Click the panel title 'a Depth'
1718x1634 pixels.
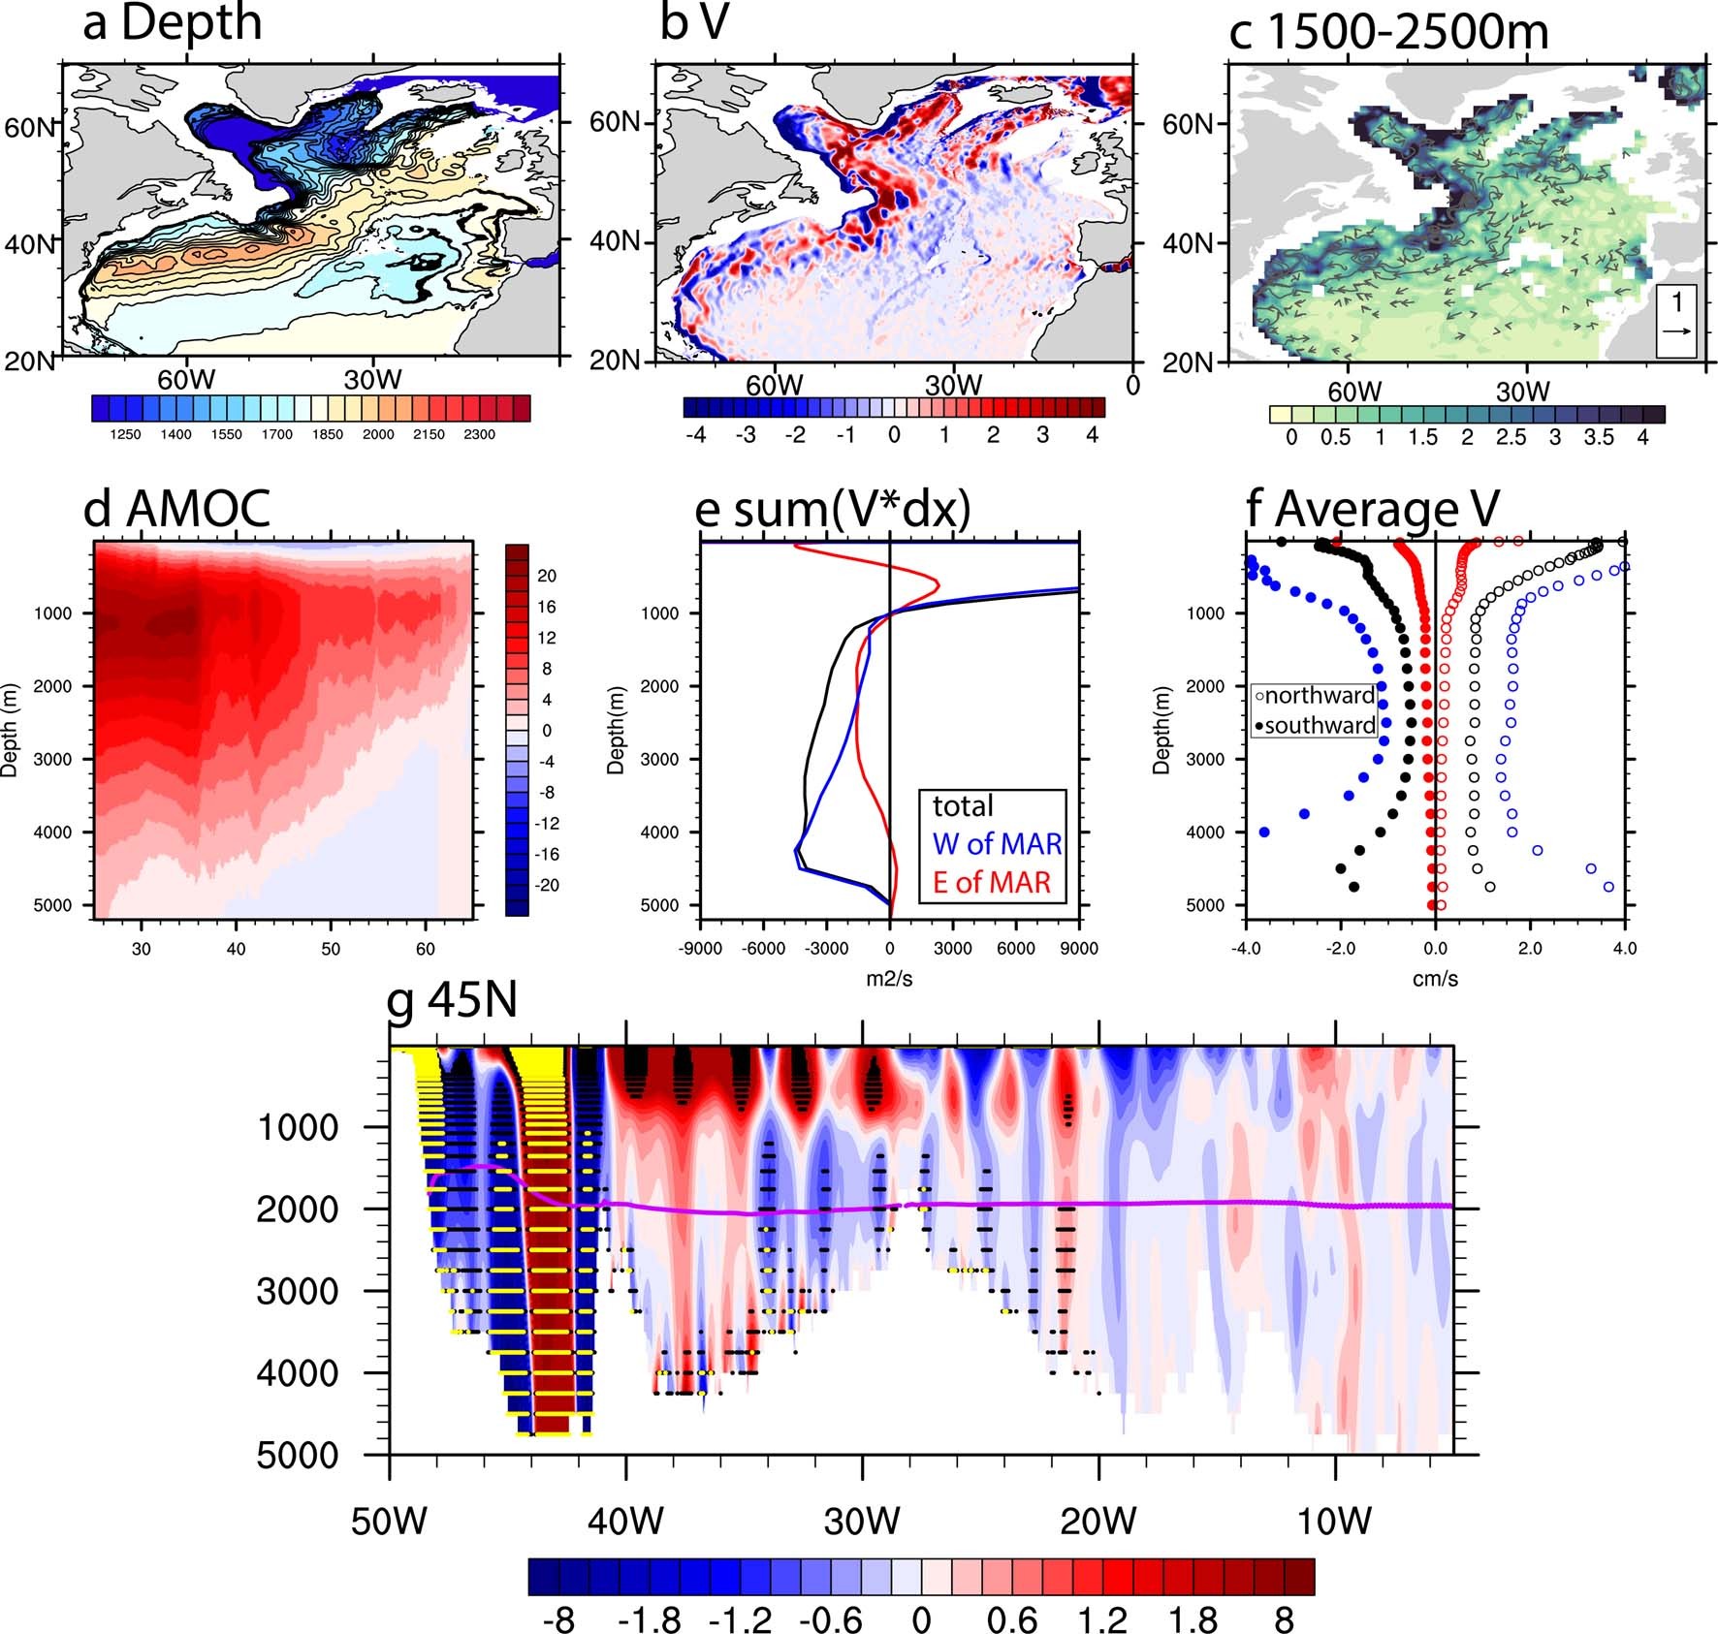click(x=173, y=23)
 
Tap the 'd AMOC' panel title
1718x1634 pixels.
click(x=177, y=509)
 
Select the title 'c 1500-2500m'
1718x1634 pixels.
click(x=1388, y=31)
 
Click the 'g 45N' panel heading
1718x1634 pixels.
click(x=452, y=1000)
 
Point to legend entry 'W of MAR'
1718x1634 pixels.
click(x=997, y=843)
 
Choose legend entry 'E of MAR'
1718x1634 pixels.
click(x=992, y=882)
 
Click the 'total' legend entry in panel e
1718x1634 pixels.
click(x=963, y=805)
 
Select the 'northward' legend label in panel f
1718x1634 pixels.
click(x=1320, y=695)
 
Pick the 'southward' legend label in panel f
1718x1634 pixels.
click(x=1320, y=725)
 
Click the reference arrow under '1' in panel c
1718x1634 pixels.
click(x=1677, y=331)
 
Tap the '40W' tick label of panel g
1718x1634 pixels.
click(x=625, y=1521)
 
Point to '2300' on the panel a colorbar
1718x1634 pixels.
click(x=479, y=435)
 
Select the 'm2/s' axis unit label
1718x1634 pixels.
click(x=889, y=979)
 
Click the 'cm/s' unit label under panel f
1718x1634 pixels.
click(x=1435, y=979)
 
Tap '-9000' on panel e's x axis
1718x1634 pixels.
click(x=699, y=949)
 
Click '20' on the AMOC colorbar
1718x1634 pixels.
click(x=547, y=576)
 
